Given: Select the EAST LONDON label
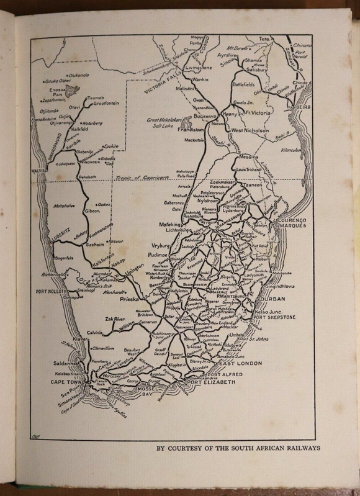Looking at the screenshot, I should [x=241, y=363].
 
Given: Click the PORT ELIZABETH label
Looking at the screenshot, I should [x=211, y=382].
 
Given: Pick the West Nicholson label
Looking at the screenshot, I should [x=250, y=130].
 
